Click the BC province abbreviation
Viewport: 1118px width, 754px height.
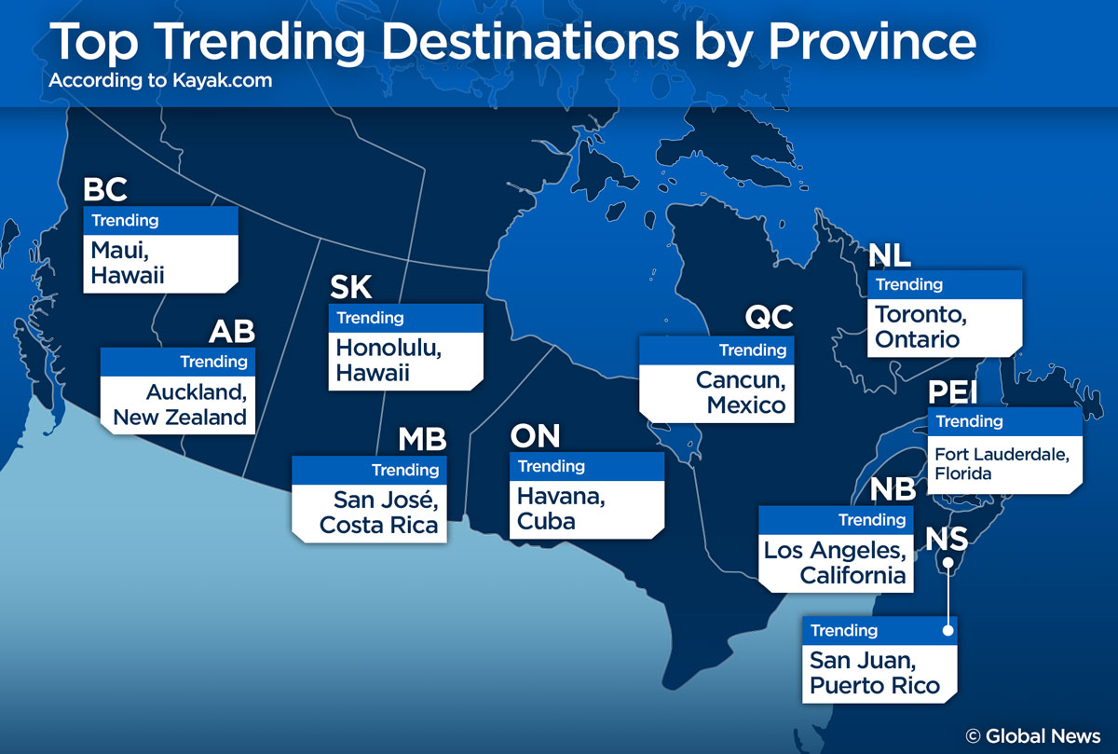click(105, 189)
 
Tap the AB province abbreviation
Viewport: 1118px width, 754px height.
click(231, 331)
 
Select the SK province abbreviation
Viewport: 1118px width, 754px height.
click(351, 287)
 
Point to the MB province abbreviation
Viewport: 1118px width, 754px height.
click(422, 439)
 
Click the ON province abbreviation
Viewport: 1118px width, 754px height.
click(536, 435)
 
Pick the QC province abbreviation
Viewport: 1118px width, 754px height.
click(769, 318)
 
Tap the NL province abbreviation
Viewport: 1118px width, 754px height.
click(890, 254)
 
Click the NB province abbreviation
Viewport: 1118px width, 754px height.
click(893, 490)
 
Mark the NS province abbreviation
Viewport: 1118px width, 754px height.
click(948, 539)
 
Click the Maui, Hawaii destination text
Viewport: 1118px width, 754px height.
click(128, 263)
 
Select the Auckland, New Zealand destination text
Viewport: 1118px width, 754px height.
click(180, 404)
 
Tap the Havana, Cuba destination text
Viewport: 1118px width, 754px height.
click(561, 509)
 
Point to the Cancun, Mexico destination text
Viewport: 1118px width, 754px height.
click(741, 392)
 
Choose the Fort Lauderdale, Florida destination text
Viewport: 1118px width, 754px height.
click(1002, 463)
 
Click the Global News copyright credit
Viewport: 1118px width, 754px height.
click(1033, 735)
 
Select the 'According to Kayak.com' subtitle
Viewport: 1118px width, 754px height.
click(160, 80)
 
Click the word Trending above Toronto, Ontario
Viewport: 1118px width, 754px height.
click(909, 284)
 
